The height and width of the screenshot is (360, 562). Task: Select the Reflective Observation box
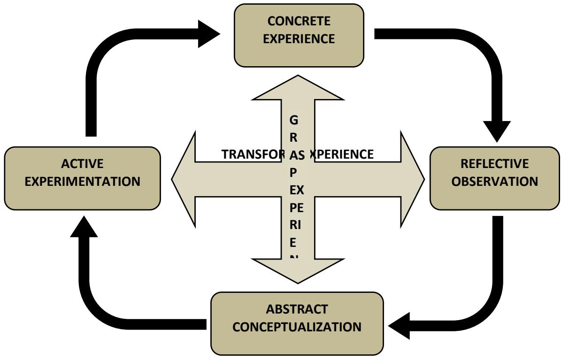tap(494, 178)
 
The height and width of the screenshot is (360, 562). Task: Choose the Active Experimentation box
tap(82, 178)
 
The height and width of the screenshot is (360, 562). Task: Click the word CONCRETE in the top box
tap(299, 22)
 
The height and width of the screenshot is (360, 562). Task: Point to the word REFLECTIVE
tap(494, 164)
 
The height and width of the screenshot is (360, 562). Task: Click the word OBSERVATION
tap(494, 181)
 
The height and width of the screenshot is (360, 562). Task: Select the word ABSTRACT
tap(297, 309)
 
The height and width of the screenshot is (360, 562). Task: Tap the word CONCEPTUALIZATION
tap(297, 327)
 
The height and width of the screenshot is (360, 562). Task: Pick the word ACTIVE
tap(82, 164)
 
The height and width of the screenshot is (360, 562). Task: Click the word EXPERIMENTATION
tap(83, 181)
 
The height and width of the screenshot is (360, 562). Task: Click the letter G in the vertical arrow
tap(294, 120)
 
